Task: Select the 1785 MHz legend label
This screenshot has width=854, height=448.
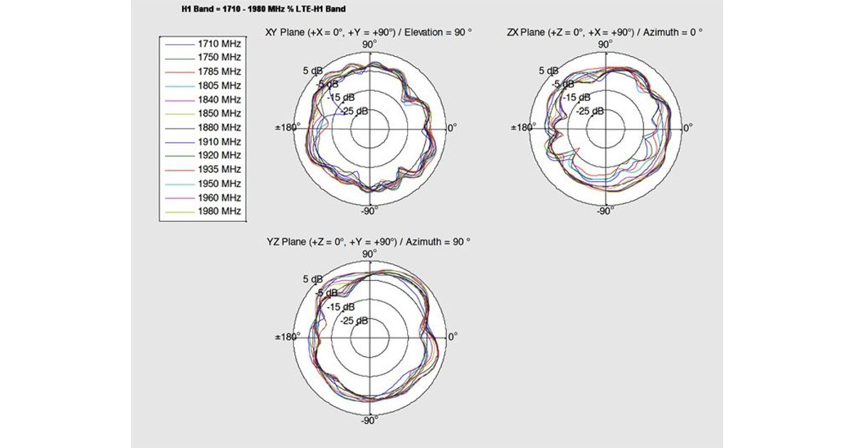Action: coord(219,72)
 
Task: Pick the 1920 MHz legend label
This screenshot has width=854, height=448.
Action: coord(219,156)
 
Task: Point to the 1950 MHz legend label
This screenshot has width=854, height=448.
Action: coord(219,183)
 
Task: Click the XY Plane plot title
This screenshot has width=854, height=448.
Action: coord(369,33)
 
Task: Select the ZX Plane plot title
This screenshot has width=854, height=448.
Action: coord(605,33)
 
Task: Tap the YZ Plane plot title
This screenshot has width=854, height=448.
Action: coord(369,242)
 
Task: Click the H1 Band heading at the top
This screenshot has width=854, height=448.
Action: coord(264,9)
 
